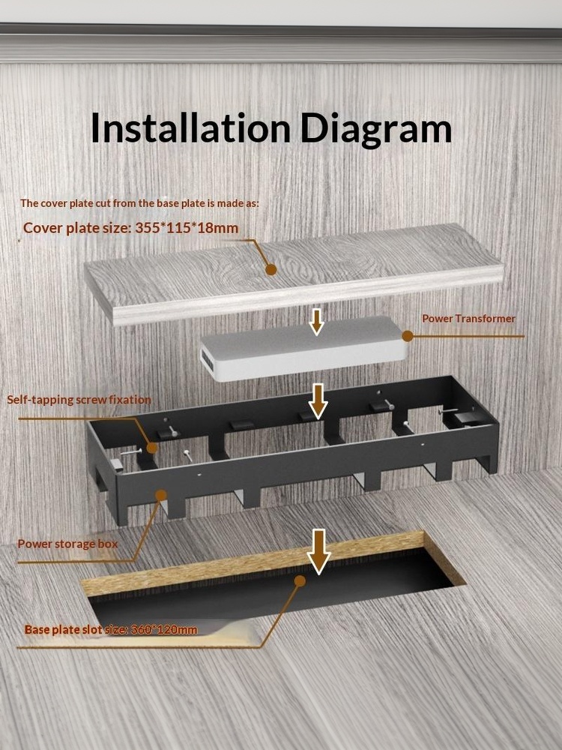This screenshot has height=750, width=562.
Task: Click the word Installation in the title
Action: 190,127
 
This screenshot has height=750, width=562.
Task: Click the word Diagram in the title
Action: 376,129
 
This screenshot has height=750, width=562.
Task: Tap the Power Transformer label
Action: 468,319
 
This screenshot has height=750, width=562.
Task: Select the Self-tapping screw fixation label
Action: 79,400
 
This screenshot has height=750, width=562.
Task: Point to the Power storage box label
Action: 67,544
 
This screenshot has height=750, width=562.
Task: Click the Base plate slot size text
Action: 111,629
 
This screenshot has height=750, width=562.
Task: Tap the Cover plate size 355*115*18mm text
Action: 130,228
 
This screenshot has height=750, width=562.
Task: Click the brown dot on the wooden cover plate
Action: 271,270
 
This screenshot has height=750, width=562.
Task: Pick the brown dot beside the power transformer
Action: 407,336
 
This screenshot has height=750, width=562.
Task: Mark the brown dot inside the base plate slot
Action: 300,581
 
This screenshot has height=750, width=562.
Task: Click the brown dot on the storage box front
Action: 162,495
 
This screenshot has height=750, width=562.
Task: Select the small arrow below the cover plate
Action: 316,322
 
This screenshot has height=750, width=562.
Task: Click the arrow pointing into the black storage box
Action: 318,401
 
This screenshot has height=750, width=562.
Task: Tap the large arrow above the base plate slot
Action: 318,551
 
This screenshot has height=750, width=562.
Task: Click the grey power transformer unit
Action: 304,349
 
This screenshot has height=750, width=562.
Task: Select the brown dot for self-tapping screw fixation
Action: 151,448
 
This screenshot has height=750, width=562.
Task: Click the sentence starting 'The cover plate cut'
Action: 139,203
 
